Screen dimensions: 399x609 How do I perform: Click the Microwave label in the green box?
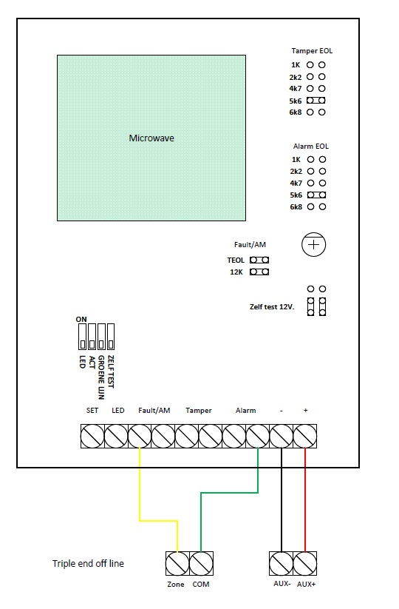click(151, 138)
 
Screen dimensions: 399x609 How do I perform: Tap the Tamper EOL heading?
click(312, 51)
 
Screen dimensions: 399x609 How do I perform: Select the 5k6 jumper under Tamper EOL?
click(316, 100)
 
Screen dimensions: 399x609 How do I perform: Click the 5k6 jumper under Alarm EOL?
click(316, 195)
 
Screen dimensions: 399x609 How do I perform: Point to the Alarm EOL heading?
click(310, 147)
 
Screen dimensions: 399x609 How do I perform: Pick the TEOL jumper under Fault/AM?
click(259, 260)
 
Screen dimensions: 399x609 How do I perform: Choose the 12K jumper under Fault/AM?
click(259, 272)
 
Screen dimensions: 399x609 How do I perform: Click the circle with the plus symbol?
click(313, 245)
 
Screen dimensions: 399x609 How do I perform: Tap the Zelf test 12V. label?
click(272, 307)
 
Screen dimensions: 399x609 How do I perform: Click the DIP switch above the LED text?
click(82, 337)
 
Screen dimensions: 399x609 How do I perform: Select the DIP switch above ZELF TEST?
click(111, 337)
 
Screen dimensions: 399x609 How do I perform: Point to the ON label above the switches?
click(81, 319)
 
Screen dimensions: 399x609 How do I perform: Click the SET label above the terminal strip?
click(92, 410)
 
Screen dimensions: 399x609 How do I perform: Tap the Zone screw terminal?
click(177, 563)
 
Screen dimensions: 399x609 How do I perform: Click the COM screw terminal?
click(201, 563)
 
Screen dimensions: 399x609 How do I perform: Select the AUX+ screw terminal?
click(305, 563)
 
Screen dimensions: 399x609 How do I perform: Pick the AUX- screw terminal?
click(281, 563)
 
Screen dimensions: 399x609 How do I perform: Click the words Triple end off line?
click(88, 564)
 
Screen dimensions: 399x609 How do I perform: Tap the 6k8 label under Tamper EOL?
click(295, 112)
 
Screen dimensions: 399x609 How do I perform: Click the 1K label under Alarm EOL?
click(296, 160)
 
